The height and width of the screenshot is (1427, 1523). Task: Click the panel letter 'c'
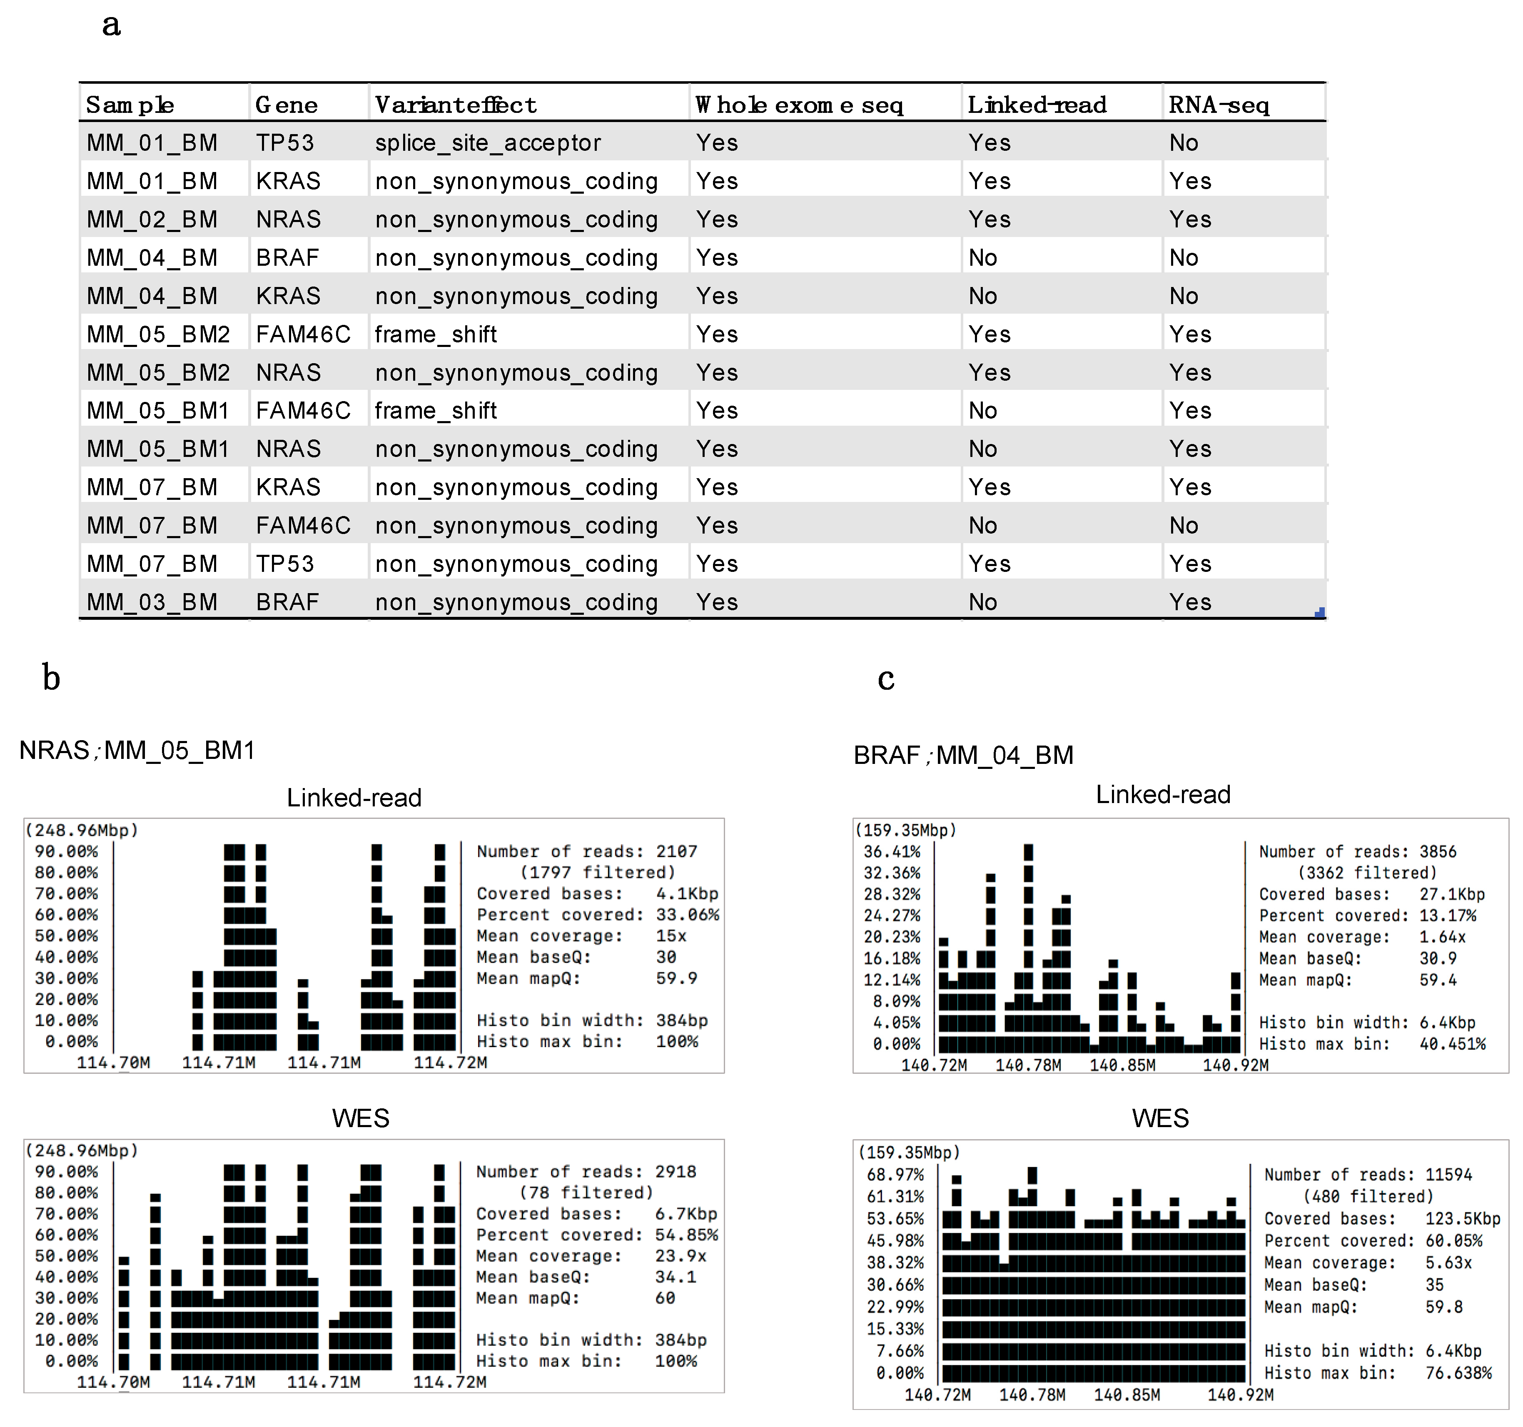click(886, 678)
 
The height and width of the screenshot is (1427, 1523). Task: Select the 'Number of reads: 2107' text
click(587, 851)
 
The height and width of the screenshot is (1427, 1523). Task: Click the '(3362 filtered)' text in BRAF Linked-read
click(1367, 873)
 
